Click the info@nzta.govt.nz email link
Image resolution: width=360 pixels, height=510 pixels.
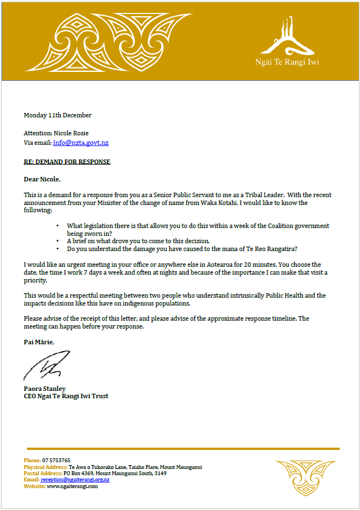81,143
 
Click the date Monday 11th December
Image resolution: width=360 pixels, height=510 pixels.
57,115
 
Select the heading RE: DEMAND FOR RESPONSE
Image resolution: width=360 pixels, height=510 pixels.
67,162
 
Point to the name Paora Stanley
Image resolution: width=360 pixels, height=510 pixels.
44,388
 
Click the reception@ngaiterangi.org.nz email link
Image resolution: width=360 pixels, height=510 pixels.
75,480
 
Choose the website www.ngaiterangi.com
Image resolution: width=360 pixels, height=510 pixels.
72,486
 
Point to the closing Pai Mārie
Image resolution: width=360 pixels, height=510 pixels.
40,342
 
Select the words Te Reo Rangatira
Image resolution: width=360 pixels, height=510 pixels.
275,248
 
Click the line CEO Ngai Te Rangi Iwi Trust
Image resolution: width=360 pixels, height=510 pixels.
66,396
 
